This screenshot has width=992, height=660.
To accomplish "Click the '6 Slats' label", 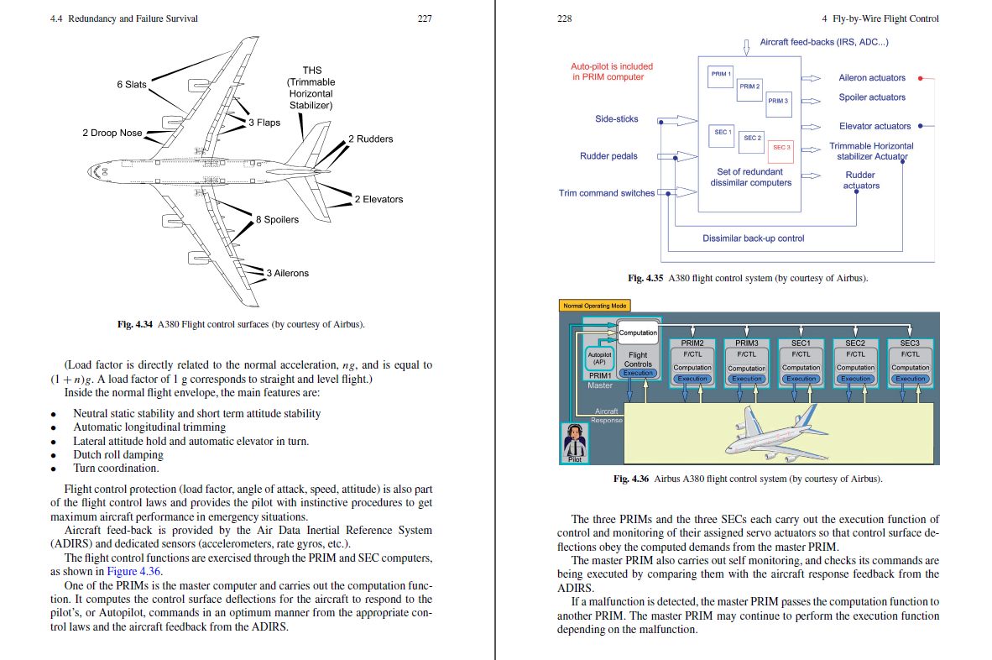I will click(132, 84).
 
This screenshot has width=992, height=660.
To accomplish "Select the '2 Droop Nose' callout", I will click(112, 133).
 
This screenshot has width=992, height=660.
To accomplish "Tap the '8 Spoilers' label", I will click(277, 220).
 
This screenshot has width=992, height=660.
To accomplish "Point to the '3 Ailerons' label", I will click(287, 273).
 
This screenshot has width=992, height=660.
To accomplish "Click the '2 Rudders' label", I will click(370, 139).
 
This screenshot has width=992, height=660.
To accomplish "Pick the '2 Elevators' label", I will click(379, 199).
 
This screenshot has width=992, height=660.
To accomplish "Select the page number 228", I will click(564, 18).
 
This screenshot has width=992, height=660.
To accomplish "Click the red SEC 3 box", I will click(781, 147).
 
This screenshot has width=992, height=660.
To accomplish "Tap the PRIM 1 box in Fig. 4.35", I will click(721, 74).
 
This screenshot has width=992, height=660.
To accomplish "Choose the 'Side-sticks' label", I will click(616, 119).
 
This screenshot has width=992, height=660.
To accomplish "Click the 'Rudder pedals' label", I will click(608, 155).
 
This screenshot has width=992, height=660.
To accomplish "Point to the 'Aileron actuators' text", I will click(872, 78).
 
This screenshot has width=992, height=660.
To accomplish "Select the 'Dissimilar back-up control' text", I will click(753, 238).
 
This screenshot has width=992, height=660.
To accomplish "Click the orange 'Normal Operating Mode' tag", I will click(593, 306).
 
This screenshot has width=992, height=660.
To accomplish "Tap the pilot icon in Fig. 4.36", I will click(575, 442).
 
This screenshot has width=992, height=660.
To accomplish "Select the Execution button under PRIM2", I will click(692, 379).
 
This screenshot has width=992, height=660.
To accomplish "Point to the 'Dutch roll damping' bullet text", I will click(117, 454).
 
